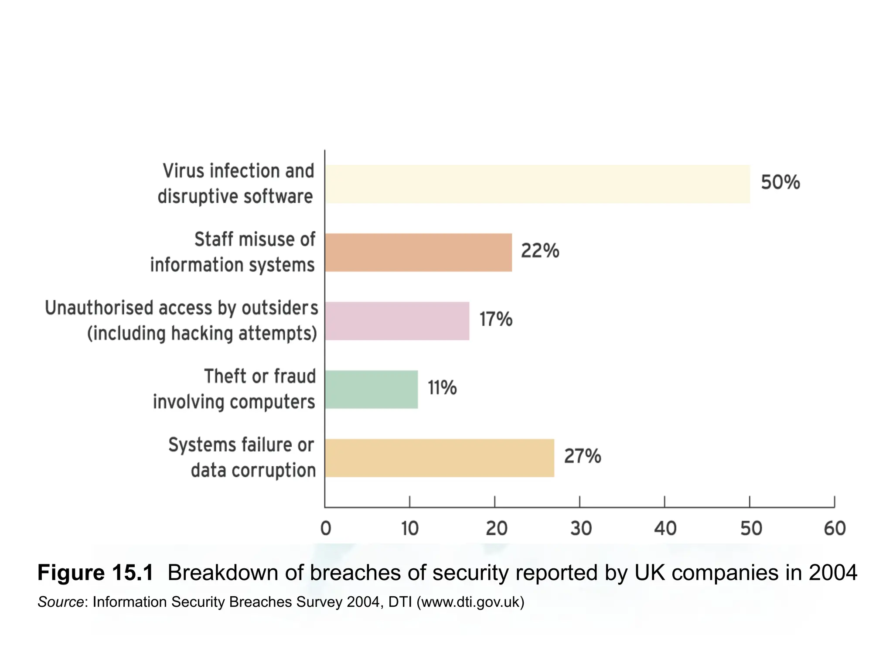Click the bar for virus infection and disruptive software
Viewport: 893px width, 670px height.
537,184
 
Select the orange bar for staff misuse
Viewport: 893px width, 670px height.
418,253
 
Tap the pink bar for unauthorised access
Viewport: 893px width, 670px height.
397,321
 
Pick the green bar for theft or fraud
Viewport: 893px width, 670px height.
371,390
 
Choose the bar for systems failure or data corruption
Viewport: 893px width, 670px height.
439,458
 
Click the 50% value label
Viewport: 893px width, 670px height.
780,182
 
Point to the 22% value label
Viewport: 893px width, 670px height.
540,251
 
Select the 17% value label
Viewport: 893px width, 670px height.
496,319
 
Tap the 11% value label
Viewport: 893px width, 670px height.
442,388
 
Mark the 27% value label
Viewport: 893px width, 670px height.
583,456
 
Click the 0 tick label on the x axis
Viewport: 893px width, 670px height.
326,529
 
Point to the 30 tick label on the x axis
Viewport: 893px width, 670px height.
581,529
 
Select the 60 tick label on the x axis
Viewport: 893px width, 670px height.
835,529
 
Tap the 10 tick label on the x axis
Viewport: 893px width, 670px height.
410,529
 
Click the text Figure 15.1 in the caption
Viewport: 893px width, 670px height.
95,573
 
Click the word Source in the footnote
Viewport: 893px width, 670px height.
61,602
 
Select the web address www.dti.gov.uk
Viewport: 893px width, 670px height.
470,602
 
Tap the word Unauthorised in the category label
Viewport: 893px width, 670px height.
98,308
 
